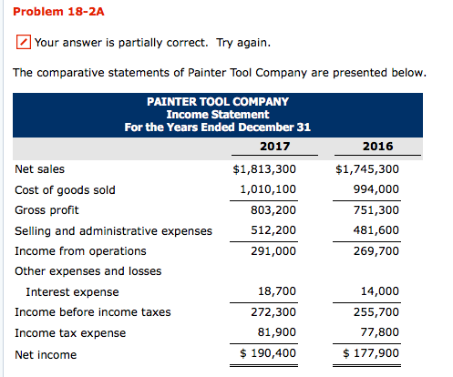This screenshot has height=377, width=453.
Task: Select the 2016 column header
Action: pyautogui.click(x=377, y=146)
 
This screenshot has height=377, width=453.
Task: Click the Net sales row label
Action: pyautogui.click(x=39, y=168)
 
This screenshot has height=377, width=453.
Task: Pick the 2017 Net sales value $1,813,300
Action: pyautogui.click(x=264, y=168)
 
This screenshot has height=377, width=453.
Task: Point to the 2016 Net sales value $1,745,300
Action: pyautogui.click(x=367, y=168)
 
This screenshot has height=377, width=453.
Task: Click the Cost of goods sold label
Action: pyautogui.click(x=65, y=189)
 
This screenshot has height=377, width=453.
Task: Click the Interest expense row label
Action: pyautogui.click(x=72, y=292)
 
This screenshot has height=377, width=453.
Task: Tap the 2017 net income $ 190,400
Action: pyautogui.click(x=267, y=353)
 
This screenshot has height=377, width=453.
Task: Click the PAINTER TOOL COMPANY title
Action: pyautogui.click(x=217, y=102)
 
